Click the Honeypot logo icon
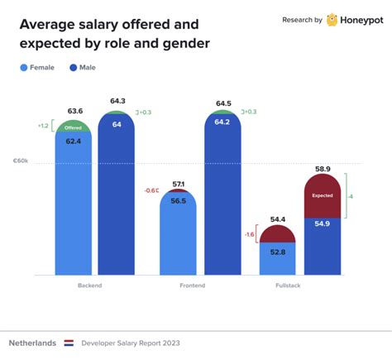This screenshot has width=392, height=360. pos(332,20)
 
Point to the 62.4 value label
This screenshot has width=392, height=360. pos(73,142)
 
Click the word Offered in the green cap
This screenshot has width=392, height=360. pos(73,128)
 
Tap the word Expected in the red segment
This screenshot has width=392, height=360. pos(322,196)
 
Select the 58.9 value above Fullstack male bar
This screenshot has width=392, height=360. pos(322,168)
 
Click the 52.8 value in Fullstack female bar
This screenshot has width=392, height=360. pos(277,252)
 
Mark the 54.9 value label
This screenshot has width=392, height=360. pos(322,224)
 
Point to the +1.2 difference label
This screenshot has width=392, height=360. pos(43,126)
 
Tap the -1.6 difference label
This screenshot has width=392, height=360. pos(248,234)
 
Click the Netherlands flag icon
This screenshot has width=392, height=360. pos(69,342)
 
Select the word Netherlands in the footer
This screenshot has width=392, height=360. pos(33,342)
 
